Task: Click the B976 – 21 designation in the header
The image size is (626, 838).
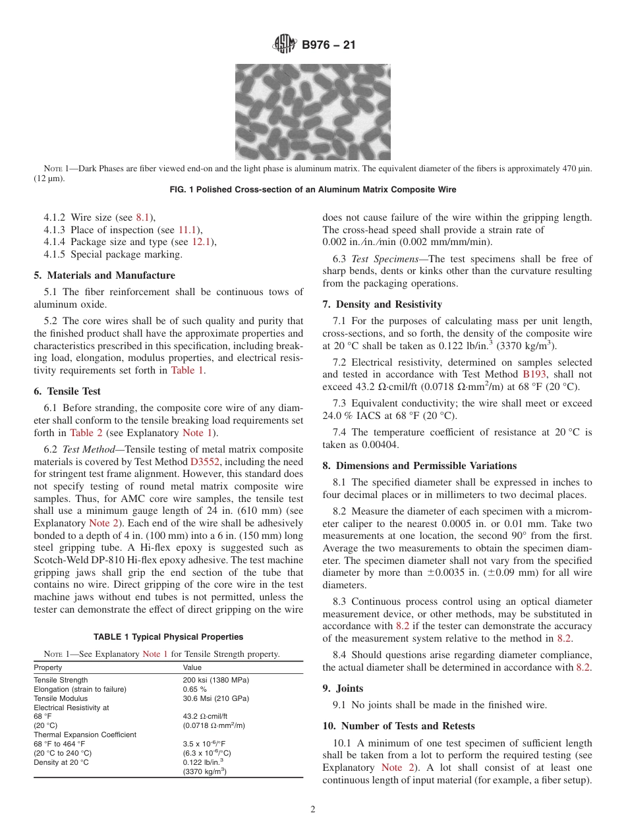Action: coord(328,45)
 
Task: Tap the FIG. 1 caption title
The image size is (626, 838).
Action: coord(312,190)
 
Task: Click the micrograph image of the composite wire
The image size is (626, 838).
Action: coord(312,111)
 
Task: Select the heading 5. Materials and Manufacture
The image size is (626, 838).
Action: coord(104,275)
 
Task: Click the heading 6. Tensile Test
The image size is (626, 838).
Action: coord(67,391)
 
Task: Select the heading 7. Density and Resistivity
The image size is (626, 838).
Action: coord(382,304)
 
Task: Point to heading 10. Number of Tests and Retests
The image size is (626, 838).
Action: coord(398,726)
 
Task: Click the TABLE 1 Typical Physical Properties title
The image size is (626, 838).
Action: coord(168,637)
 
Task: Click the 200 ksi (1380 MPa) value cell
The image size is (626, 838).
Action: coord(215,680)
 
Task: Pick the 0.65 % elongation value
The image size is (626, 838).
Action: coord(194,689)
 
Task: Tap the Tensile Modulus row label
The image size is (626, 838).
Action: coord(60,698)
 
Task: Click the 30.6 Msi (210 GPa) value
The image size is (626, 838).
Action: coord(215,698)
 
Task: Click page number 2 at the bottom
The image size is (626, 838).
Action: coord(313,810)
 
